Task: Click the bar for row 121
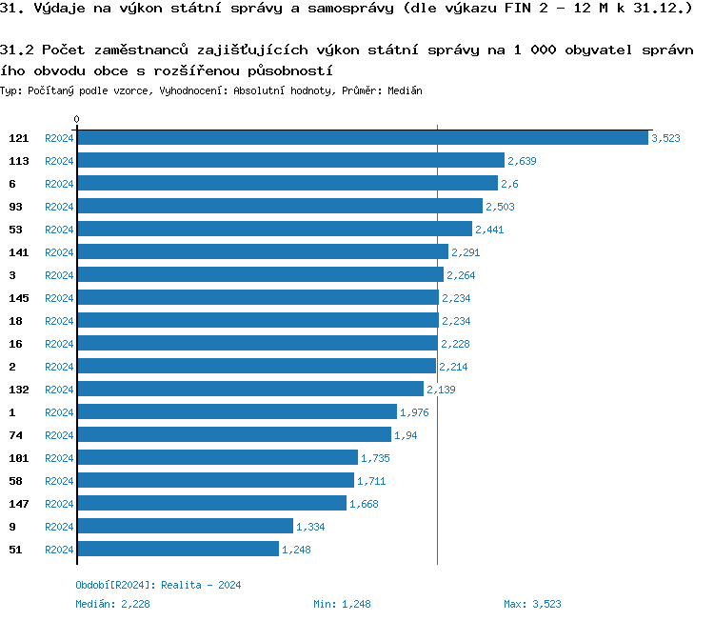click(x=362, y=138)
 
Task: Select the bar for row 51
click(x=177, y=550)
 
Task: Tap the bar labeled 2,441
click(x=274, y=230)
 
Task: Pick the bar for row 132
click(x=249, y=390)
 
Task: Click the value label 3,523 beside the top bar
click(x=665, y=138)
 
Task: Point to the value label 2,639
click(x=523, y=161)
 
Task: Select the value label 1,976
click(x=415, y=412)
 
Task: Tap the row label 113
click(x=19, y=161)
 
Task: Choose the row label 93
click(x=15, y=207)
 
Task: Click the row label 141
click(x=19, y=252)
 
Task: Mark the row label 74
click(x=15, y=435)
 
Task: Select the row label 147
click(x=19, y=504)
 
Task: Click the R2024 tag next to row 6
click(x=59, y=184)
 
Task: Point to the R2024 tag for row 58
click(x=59, y=481)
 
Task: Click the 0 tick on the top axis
click(x=77, y=120)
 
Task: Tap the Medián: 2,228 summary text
click(x=112, y=604)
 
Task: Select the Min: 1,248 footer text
click(x=342, y=604)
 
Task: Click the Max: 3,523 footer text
click(x=532, y=604)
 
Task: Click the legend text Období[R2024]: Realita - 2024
click(x=158, y=585)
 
